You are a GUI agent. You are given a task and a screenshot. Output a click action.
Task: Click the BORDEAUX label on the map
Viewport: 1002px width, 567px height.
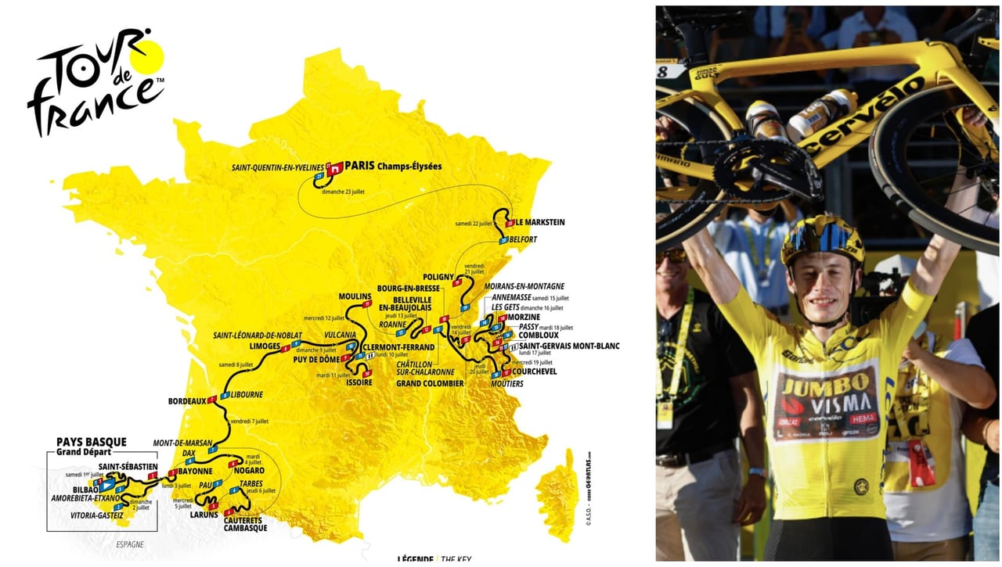pyautogui.click(x=186, y=401)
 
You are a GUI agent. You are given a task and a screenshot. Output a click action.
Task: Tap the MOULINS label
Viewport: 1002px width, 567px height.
pyautogui.click(x=354, y=297)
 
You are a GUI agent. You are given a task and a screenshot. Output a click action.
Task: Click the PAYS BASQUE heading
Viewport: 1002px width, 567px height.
pyautogui.click(x=92, y=442)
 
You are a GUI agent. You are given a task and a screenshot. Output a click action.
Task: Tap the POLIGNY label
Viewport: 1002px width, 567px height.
pyautogui.click(x=438, y=277)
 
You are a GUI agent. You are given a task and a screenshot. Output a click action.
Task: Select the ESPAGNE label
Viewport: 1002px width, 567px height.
pyautogui.click(x=132, y=544)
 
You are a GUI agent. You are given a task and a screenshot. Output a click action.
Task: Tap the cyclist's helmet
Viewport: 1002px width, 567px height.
pyautogui.click(x=822, y=237)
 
